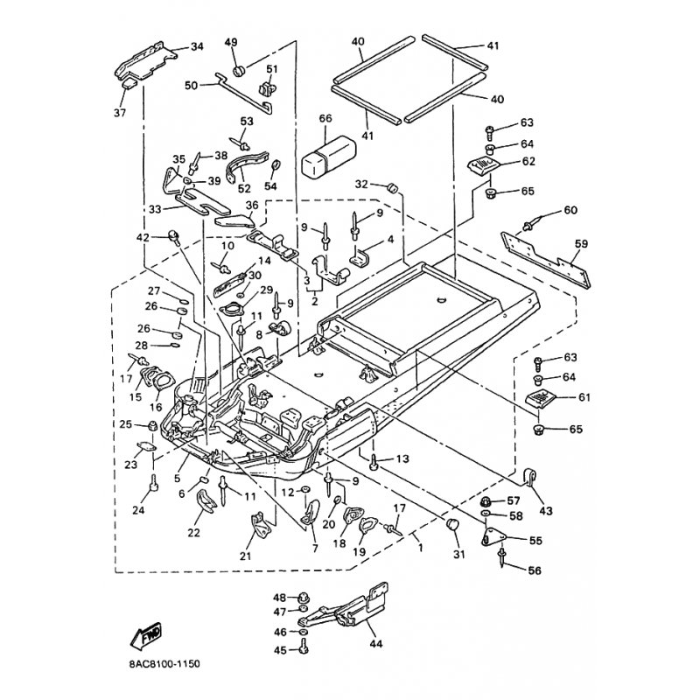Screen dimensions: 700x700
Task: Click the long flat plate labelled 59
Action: (547, 258)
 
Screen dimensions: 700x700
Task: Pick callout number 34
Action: (196, 46)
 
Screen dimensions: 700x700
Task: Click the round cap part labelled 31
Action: (453, 524)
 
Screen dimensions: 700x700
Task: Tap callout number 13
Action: (402, 459)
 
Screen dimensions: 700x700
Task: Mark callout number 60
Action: (570, 210)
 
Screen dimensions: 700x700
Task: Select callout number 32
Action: (361, 185)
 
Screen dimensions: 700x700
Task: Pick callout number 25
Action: (125, 424)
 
